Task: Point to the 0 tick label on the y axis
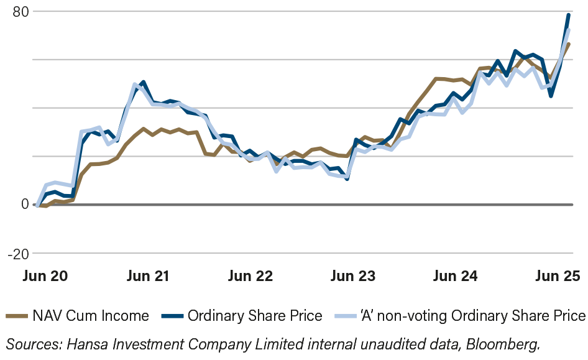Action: point(25,204)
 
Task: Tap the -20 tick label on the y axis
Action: point(18,254)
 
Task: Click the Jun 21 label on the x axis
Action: point(146,275)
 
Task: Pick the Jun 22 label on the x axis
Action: point(250,275)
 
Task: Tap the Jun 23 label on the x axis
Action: point(353,275)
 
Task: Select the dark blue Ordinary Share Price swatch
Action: point(172,316)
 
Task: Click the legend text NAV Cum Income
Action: point(91,316)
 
